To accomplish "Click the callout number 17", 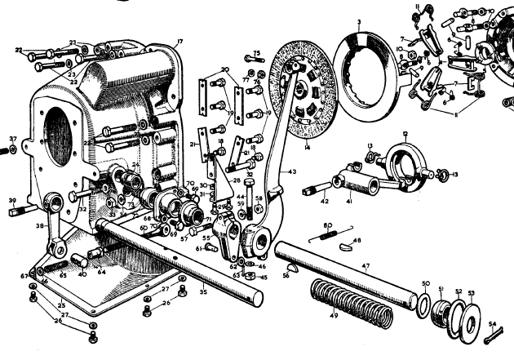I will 179,41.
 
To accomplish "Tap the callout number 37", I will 12,140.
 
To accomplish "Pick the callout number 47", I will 366,266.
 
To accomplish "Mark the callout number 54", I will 492,324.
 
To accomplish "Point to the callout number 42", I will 323,200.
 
